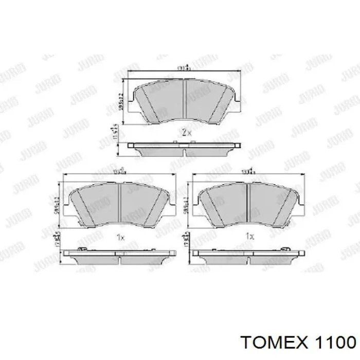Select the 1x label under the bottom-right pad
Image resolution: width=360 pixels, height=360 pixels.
[x=250, y=237]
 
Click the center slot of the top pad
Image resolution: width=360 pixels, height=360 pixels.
[x=185, y=101]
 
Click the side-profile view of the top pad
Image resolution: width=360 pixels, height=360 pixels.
[x=185, y=150]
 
